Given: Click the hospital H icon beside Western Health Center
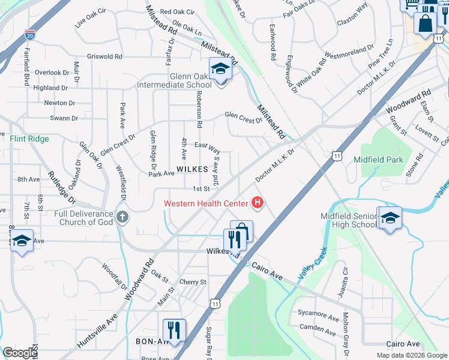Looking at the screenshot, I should pos(258,203).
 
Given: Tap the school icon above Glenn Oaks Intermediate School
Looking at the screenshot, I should pos(220,68).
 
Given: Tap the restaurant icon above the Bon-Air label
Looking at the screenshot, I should pos(174,329).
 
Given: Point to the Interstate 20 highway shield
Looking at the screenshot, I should pos(30,36).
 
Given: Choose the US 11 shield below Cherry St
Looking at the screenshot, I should pos(215,305).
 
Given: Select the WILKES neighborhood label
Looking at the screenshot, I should pos(192,170).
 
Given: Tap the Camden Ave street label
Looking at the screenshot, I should pos(318,329).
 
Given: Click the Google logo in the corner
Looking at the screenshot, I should pos(20,353).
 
